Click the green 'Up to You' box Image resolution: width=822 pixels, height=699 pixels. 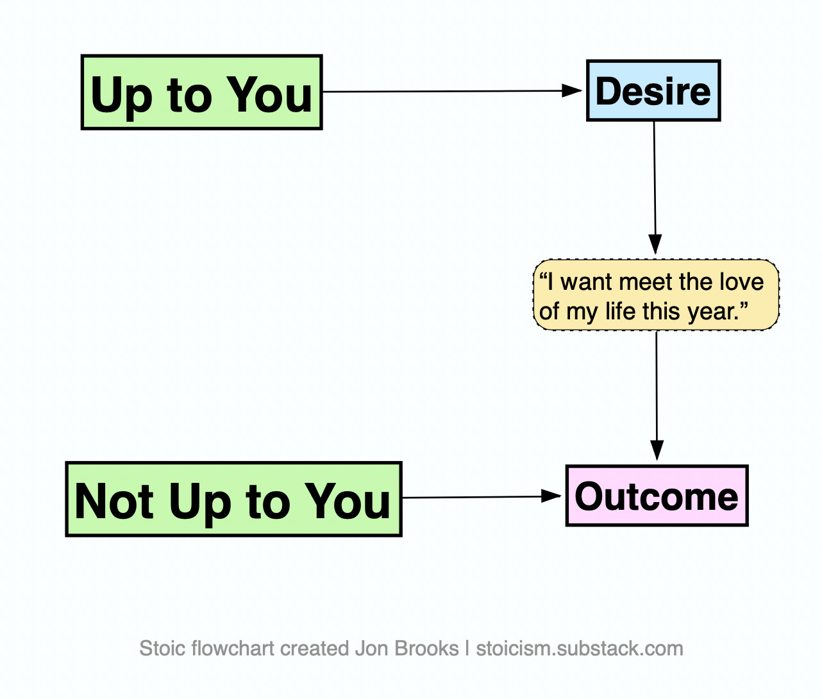click(x=201, y=92)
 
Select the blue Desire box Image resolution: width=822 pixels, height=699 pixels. click(x=653, y=90)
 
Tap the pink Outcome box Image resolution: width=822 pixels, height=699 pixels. click(x=657, y=496)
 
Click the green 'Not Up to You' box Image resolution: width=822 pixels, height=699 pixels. click(x=234, y=500)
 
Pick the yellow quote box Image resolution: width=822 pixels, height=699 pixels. click(x=656, y=295)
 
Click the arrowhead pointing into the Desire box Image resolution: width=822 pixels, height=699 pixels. click(x=571, y=90)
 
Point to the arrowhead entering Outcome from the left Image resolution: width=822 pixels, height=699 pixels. click(x=551, y=496)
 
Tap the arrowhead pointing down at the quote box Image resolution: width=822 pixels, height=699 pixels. click(x=655, y=244)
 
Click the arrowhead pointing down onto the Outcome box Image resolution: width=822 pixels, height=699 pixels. click(x=657, y=450)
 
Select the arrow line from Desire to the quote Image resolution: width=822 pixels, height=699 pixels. click(x=655, y=187)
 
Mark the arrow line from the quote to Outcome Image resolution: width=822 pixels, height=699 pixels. click(x=657, y=396)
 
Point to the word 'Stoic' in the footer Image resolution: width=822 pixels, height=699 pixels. click(x=163, y=648)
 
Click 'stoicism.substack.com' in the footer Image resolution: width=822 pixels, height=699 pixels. click(x=580, y=649)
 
